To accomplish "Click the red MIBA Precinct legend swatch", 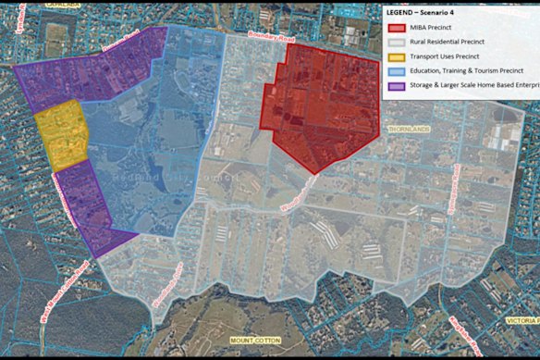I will pos(395,28).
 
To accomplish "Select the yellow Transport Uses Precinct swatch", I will pos(395,55).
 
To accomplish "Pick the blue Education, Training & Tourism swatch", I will pos(395,69).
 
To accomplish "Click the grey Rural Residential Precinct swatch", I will pos(395,41).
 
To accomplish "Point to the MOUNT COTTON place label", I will pos(254,341).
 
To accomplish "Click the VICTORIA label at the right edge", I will pos(519,320).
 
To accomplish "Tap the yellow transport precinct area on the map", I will pos(61,139).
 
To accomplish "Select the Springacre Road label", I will pos(454,190).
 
